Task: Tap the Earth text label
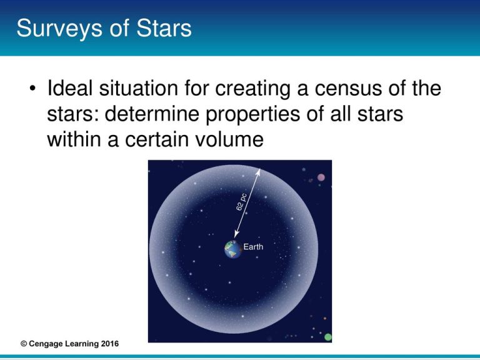coord(253,247)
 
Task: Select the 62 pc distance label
coord(242,202)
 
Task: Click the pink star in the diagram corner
coord(321,177)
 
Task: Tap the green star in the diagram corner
coord(327,337)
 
